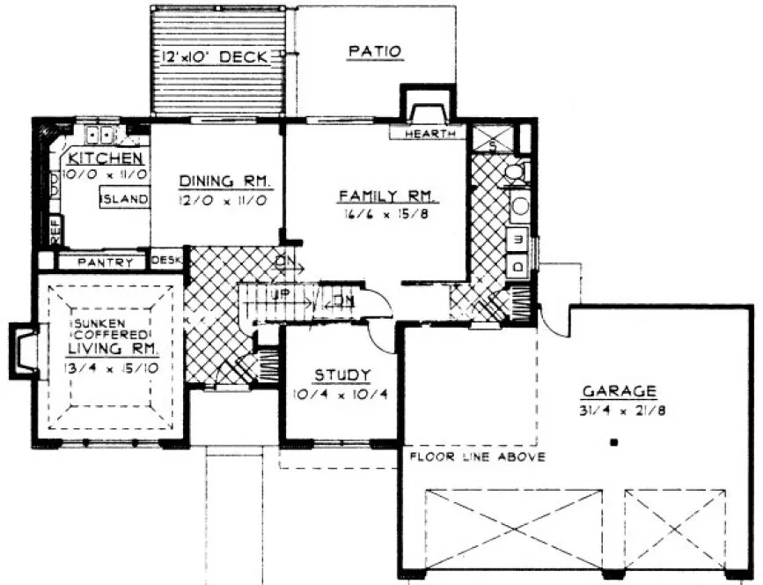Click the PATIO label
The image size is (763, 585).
(375, 52)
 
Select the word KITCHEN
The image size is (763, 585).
(105, 159)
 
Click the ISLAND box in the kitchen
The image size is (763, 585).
(124, 199)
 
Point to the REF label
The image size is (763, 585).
(54, 232)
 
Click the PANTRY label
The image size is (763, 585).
(103, 263)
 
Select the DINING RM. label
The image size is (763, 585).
(226, 181)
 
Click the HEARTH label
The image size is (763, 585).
(430, 134)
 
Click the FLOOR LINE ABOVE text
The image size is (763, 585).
(477, 457)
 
